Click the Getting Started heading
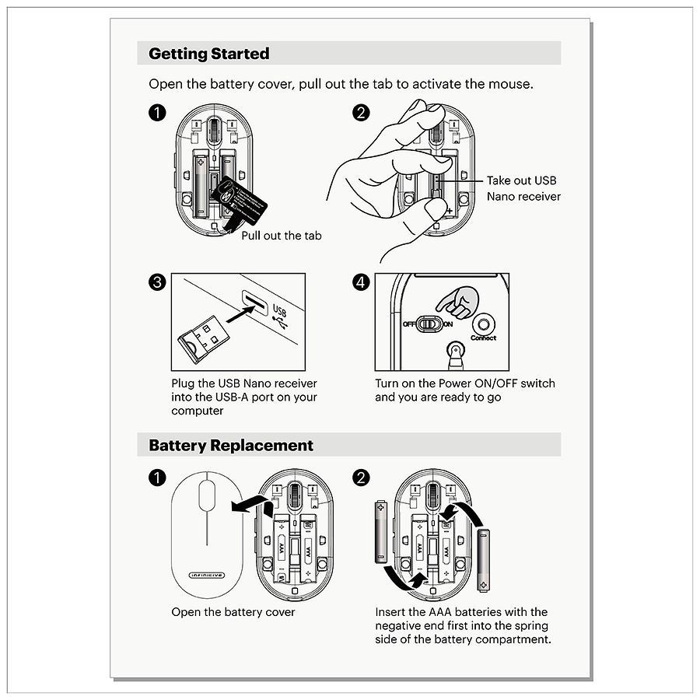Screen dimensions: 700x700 pos(208,54)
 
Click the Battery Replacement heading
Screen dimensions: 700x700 pos(230,446)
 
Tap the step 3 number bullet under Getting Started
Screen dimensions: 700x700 pos(156,282)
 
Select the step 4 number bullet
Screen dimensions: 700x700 pos(360,282)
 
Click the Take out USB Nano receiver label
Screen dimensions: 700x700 pos(523,188)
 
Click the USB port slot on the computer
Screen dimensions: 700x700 pos(254,301)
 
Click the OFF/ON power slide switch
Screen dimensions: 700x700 pos(429,324)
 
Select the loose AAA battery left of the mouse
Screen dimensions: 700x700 pos(381,532)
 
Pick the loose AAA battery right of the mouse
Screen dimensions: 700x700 pos(484,558)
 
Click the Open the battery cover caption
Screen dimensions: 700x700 pos(233,612)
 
